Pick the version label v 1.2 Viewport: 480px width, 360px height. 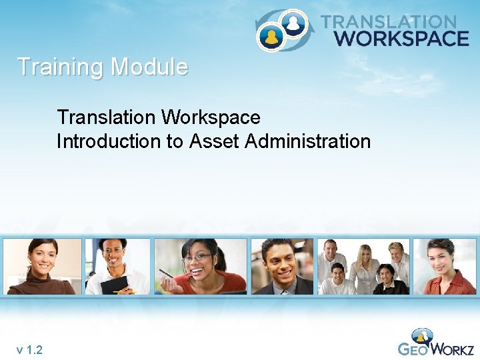click(30, 349)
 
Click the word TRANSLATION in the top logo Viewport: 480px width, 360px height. click(389, 23)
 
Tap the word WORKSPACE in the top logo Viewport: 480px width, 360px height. click(401, 38)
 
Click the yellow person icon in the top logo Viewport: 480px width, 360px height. click(271, 36)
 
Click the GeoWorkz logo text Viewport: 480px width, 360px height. click(436, 349)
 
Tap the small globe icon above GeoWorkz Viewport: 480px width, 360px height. click(422, 334)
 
